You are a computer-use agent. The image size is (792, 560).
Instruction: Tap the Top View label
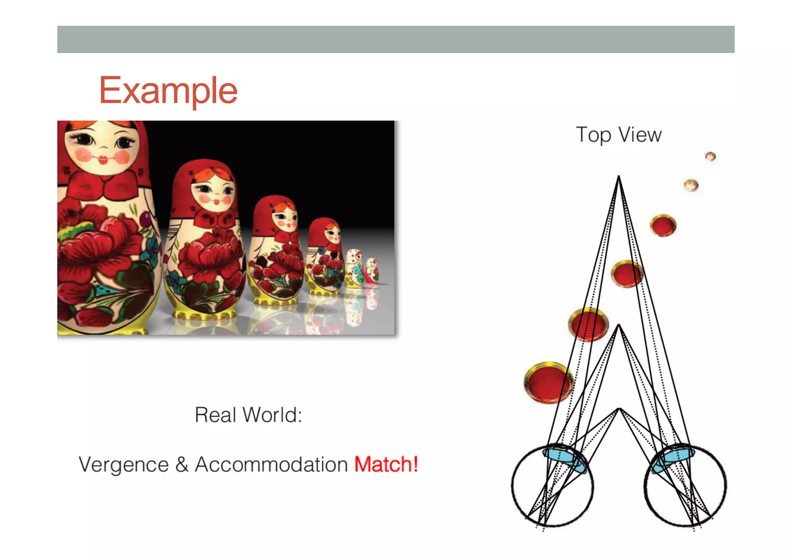pyautogui.click(x=618, y=135)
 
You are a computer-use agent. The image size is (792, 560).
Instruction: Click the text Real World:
pyautogui.click(x=248, y=415)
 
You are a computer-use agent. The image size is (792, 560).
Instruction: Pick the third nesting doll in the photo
pyautogui.click(x=275, y=252)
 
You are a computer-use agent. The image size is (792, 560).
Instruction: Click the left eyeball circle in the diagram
pyautogui.click(x=552, y=486)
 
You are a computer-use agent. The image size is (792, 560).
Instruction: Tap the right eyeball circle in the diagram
pyautogui.click(x=685, y=486)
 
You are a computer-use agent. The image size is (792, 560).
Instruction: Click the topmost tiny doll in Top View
pyautogui.click(x=710, y=156)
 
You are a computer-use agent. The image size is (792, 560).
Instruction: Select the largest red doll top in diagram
pyautogui.click(x=548, y=382)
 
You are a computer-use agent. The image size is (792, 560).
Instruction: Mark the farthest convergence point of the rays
pyautogui.click(x=618, y=176)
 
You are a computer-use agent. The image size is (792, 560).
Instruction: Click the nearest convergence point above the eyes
pyautogui.click(x=619, y=409)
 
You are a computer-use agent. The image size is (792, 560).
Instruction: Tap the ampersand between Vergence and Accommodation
pyautogui.click(x=181, y=464)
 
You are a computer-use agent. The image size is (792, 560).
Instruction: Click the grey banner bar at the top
pyautogui.click(x=396, y=39)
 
